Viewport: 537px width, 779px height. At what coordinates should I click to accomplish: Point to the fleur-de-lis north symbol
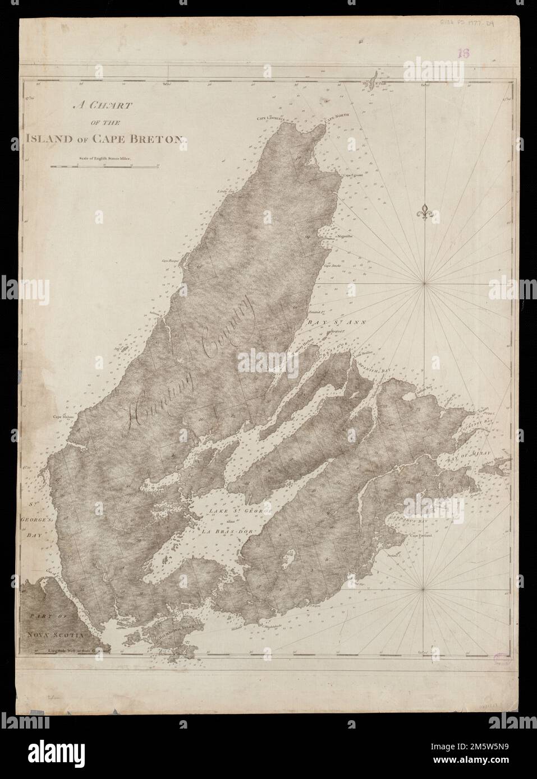[x=425, y=212]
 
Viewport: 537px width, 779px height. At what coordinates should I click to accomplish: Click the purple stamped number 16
[x=463, y=54]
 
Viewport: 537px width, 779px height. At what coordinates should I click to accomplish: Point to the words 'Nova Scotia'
[x=54, y=635]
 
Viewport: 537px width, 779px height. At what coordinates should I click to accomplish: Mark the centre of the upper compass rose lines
[x=425, y=285]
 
